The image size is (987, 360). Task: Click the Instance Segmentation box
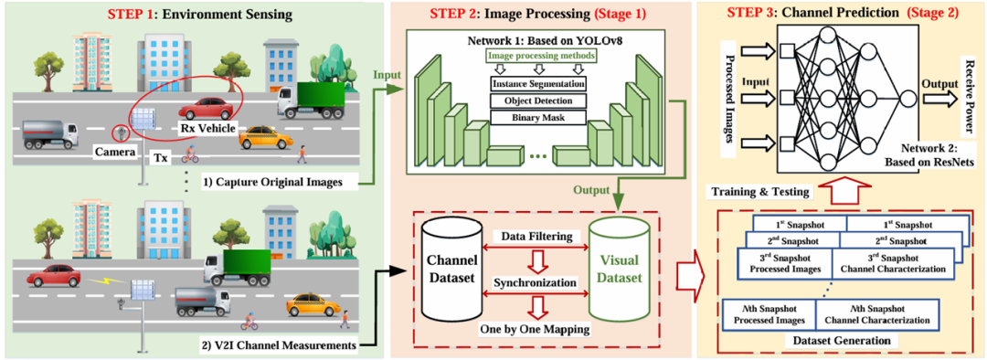click(537, 84)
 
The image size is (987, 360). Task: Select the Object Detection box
click(537, 101)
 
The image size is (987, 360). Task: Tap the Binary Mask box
click(537, 116)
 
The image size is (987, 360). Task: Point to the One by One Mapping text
click(534, 329)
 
